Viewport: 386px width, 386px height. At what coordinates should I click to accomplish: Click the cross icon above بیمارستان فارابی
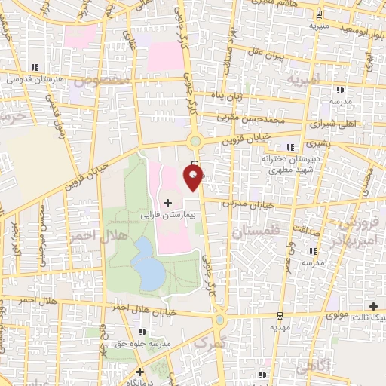(167, 203)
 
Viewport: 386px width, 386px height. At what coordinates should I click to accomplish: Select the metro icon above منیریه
(320, 14)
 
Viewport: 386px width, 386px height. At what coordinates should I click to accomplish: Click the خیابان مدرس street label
(245, 204)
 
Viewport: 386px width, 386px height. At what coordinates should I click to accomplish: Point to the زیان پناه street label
(227, 96)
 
